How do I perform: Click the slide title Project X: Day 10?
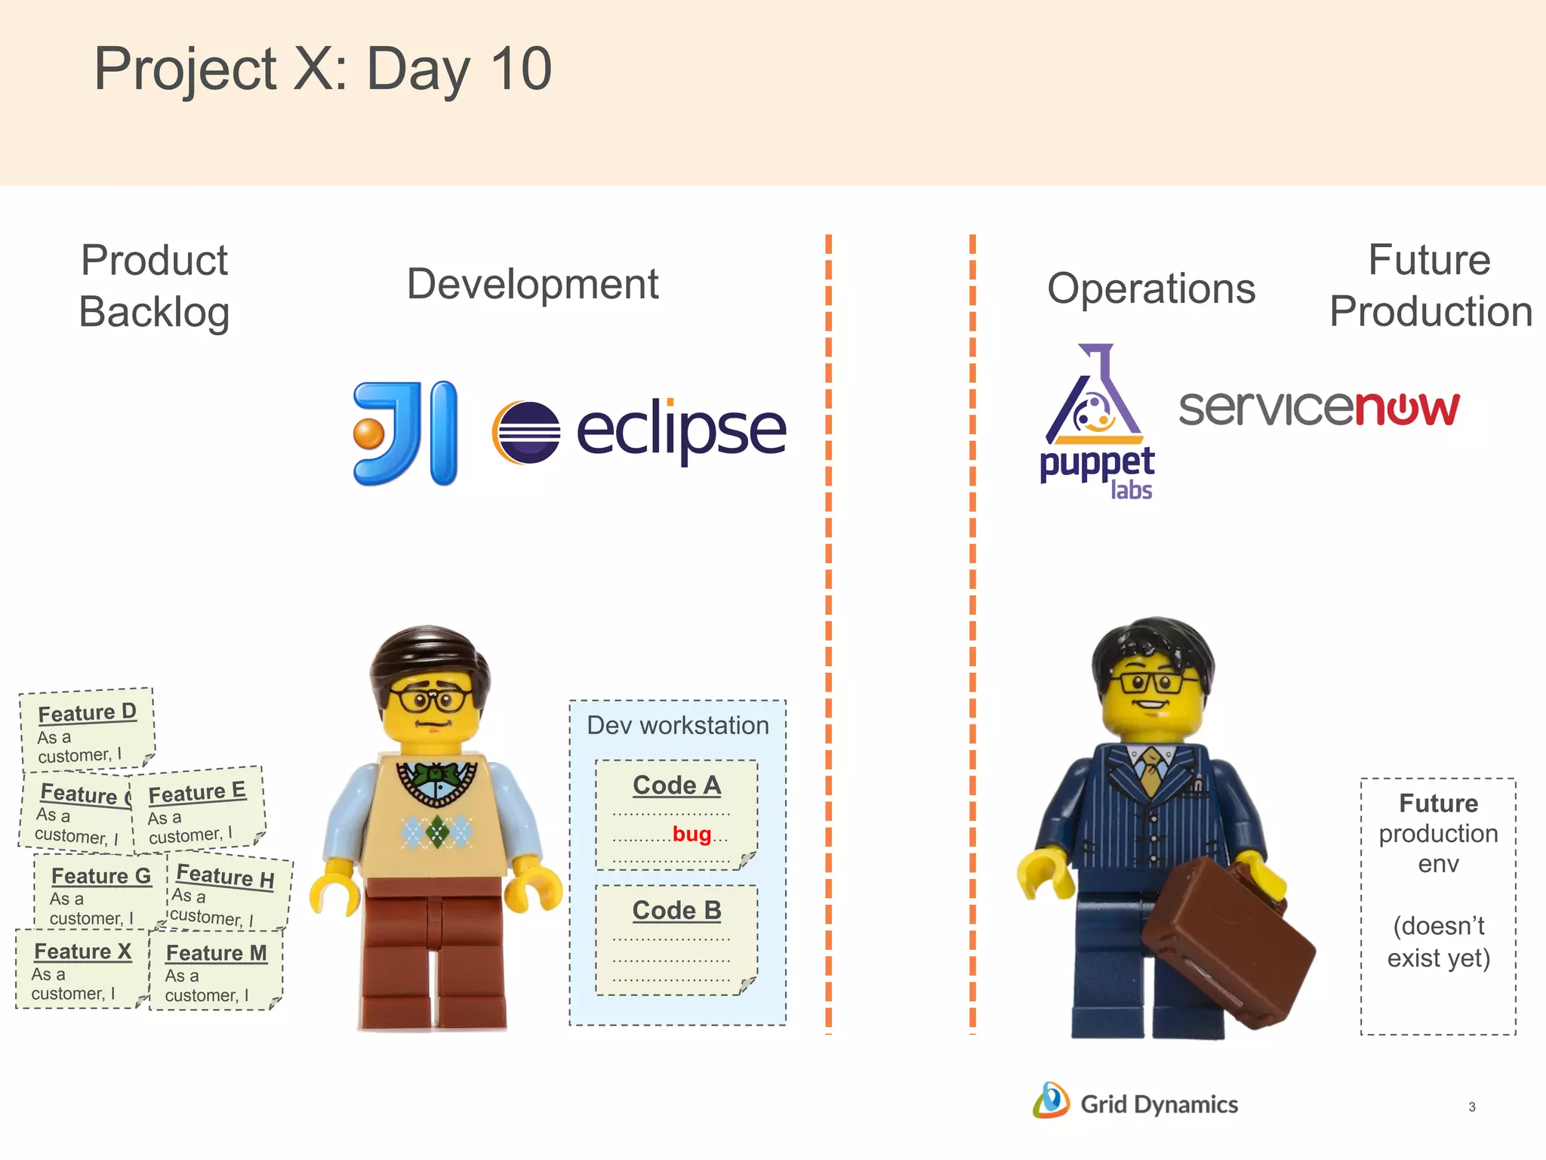click(x=322, y=69)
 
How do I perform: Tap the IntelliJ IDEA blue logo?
click(x=406, y=433)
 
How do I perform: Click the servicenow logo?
click(x=1319, y=409)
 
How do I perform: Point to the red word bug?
click(x=691, y=834)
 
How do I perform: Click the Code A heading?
click(x=676, y=785)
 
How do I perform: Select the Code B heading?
click(x=676, y=911)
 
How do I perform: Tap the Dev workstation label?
click(x=677, y=725)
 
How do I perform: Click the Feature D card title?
click(x=87, y=712)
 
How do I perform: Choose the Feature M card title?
click(x=216, y=953)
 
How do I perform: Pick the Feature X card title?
click(x=82, y=952)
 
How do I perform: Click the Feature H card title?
click(x=225, y=876)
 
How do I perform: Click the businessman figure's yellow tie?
click(x=1150, y=770)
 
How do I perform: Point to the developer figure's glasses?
click(x=432, y=699)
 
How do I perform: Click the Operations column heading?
click(x=1150, y=288)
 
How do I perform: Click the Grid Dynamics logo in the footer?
click(x=1135, y=1103)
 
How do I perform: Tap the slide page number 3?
click(x=1471, y=1107)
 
